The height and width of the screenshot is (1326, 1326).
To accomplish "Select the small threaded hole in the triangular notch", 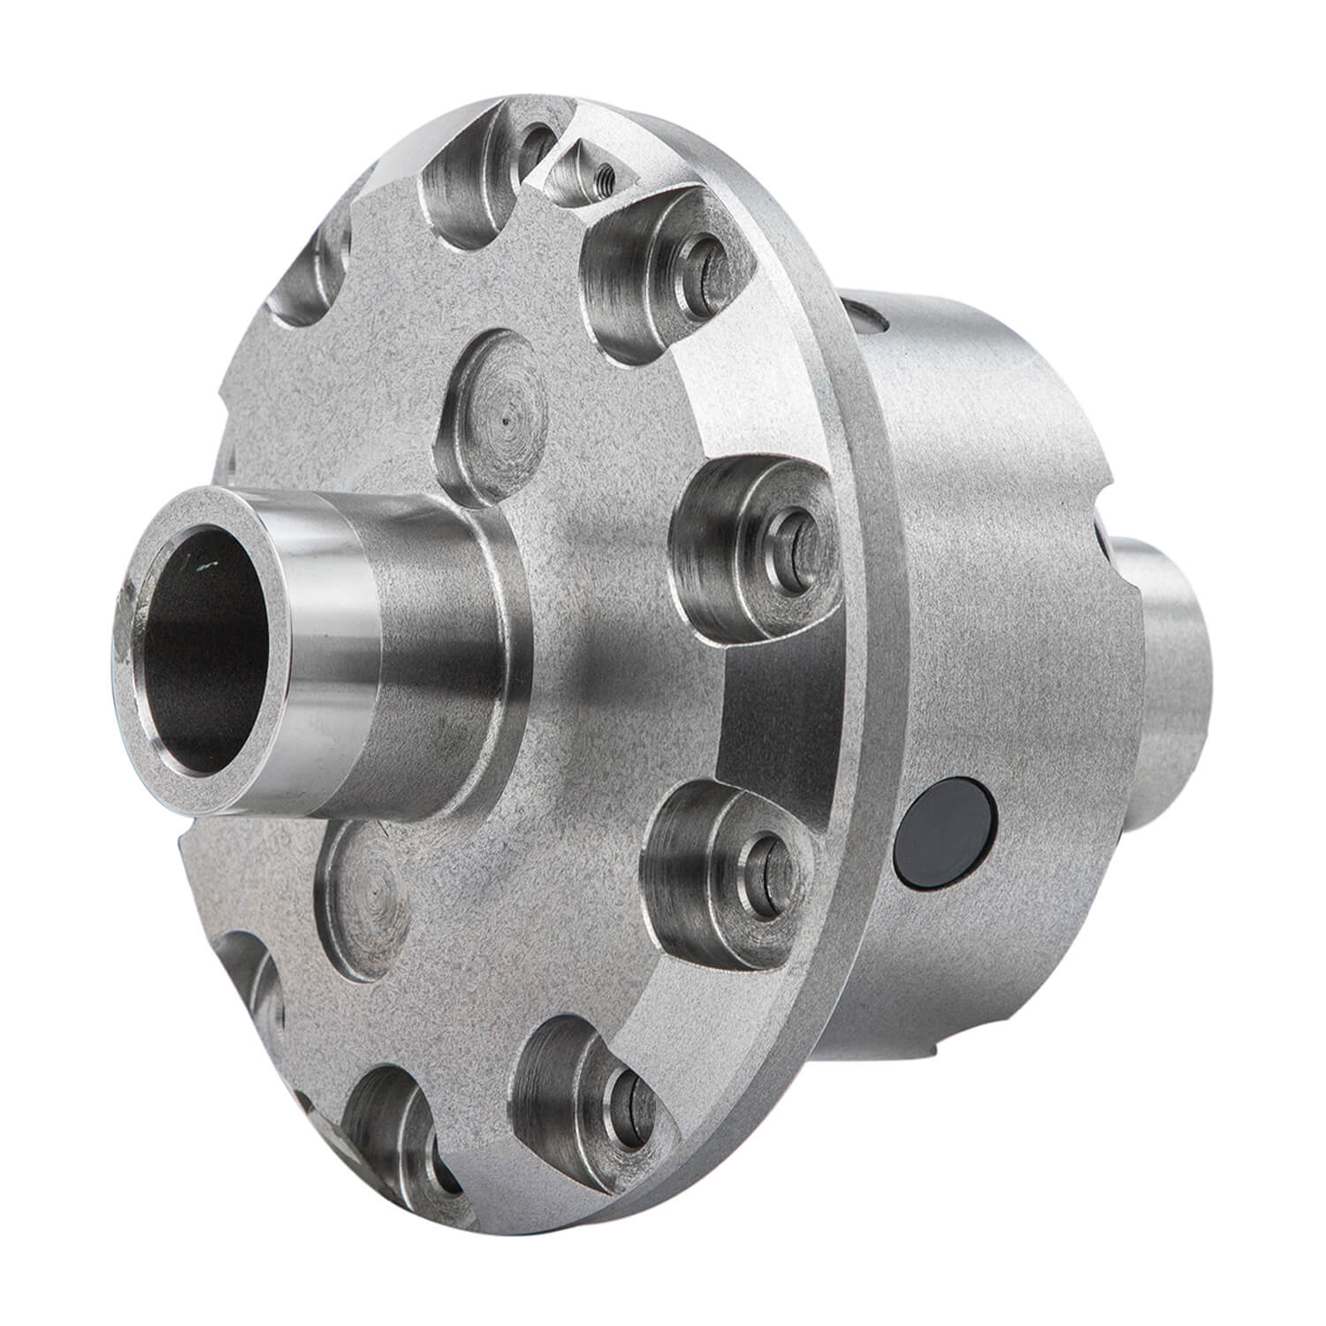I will click(x=604, y=169).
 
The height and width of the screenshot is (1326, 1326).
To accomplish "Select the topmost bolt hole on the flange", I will click(x=536, y=141).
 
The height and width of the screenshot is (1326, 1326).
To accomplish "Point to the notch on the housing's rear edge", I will click(x=1114, y=548).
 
